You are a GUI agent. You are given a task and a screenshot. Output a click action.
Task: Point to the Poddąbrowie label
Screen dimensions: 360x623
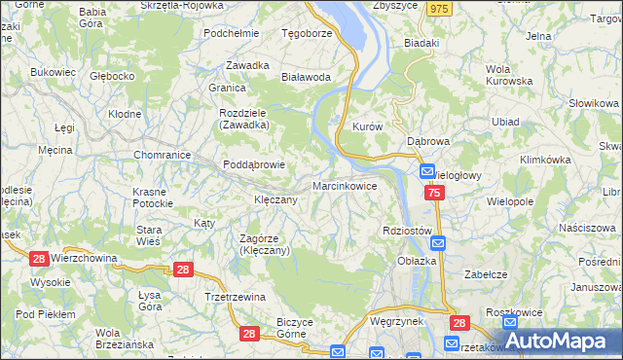254,164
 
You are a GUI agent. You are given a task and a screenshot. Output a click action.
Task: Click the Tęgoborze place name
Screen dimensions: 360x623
308,32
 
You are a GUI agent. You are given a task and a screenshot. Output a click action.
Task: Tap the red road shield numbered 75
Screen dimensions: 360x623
434,195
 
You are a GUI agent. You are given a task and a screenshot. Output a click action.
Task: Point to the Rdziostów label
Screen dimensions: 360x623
407,230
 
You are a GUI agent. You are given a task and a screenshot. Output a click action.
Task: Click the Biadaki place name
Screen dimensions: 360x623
421,44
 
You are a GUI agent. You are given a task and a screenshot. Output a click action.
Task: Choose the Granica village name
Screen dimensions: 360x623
226,87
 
